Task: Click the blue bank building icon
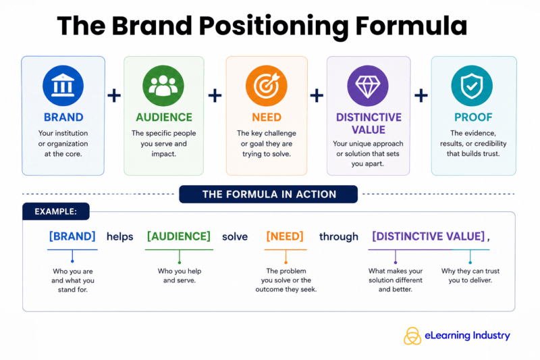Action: coord(63,85)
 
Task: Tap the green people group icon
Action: coord(163,85)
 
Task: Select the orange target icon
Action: coord(266,86)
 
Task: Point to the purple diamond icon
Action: coord(368,86)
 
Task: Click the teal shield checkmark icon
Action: coord(472,86)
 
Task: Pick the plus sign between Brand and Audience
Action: coord(114,95)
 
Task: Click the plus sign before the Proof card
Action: coord(421,95)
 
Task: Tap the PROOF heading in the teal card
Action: coord(473,118)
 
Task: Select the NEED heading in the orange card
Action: coord(267,118)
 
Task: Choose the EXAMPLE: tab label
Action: coord(56,211)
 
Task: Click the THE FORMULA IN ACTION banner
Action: coord(269,195)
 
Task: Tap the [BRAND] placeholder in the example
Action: coord(72,236)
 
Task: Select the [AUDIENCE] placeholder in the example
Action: coord(179,236)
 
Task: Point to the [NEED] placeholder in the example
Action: coord(285,236)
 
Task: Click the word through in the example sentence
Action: coord(339,237)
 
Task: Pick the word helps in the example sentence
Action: coord(120,237)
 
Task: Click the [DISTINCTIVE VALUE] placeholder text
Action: coord(429,236)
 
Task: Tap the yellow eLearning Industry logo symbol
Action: coord(412,336)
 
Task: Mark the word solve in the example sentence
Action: coord(235,236)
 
